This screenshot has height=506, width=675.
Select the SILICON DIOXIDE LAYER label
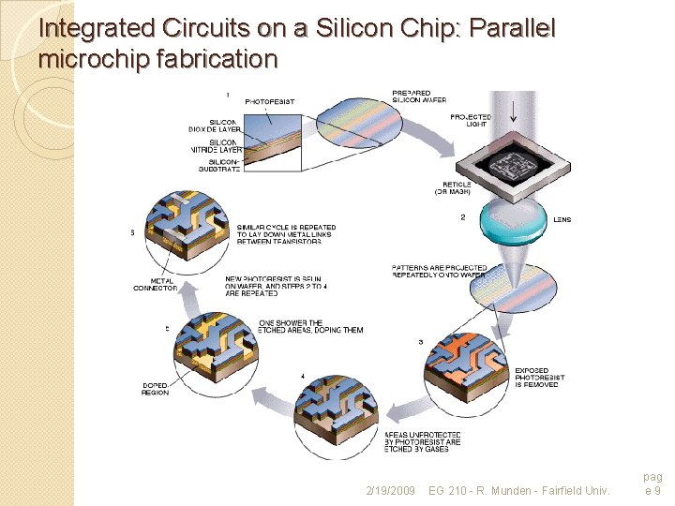tap(222, 126)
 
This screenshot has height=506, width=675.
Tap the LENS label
tap(562, 220)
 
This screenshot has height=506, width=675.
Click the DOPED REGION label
tap(156, 390)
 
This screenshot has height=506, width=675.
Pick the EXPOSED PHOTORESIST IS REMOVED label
tap(536, 378)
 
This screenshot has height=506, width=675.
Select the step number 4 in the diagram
tap(302, 376)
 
